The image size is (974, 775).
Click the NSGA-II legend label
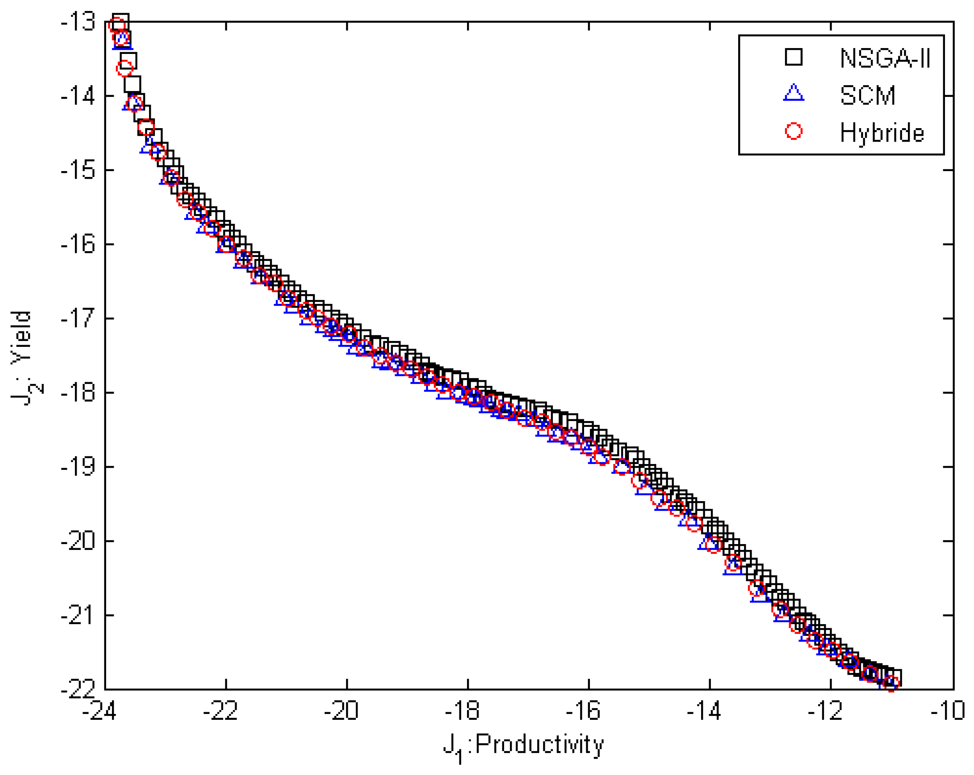click(885, 58)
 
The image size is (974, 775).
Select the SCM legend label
click(867, 95)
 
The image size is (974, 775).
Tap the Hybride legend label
click(882, 133)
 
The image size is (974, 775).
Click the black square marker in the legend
click(794, 57)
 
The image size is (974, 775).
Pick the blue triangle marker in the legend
click(794, 93)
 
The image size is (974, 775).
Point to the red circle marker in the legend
click(794, 131)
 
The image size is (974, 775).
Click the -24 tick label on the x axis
click(99, 711)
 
